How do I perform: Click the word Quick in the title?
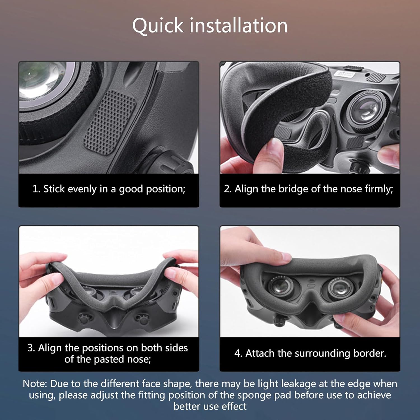[158, 26]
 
